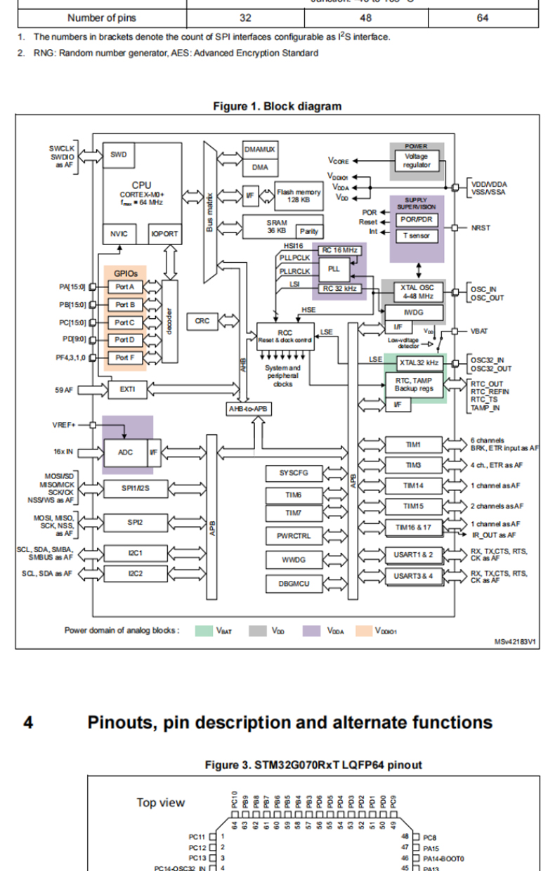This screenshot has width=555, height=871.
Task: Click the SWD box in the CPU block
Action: coord(119,155)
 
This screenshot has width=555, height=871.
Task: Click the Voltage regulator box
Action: coord(417,160)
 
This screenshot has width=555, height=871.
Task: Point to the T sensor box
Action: coord(417,236)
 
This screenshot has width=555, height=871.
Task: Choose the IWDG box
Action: coord(413,310)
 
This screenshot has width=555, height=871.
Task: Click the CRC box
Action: coord(202,321)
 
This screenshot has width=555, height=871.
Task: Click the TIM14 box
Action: coord(413,485)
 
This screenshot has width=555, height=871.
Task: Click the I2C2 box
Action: coord(136,575)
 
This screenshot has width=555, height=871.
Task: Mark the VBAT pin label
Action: coord(481,330)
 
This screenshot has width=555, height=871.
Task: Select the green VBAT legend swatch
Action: coord(204,630)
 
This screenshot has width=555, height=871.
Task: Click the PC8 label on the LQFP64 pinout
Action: coord(431,837)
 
